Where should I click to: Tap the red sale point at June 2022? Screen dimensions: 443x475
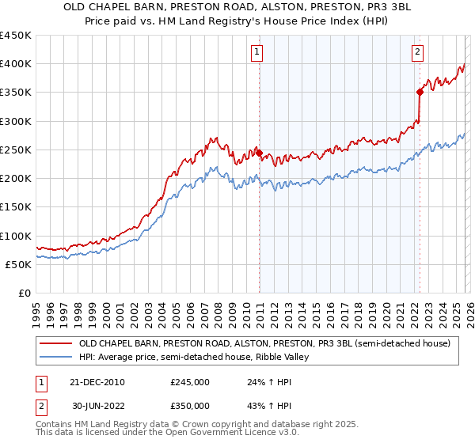pyautogui.click(x=420, y=93)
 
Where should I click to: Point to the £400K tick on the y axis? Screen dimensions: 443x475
pyautogui.click(x=16, y=64)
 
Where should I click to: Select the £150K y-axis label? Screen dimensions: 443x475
pyautogui.click(x=16, y=207)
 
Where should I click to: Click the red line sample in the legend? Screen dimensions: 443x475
pyautogui.click(x=55, y=344)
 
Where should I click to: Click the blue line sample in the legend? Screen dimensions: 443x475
pyautogui.click(x=55, y=358)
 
